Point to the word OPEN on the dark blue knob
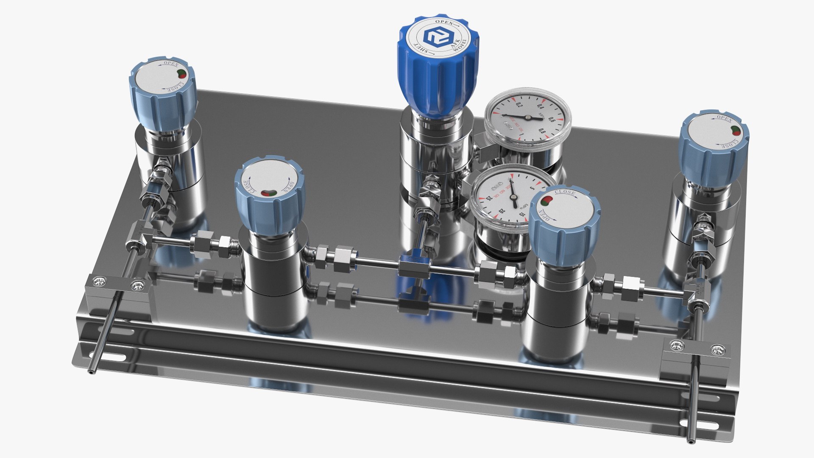click(445, 22)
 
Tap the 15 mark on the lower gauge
click(521, 215)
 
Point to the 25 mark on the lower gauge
click(489, 198)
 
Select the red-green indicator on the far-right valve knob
click(736, 131)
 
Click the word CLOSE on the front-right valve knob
click(565, 193)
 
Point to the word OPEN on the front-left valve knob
click(290, 187)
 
